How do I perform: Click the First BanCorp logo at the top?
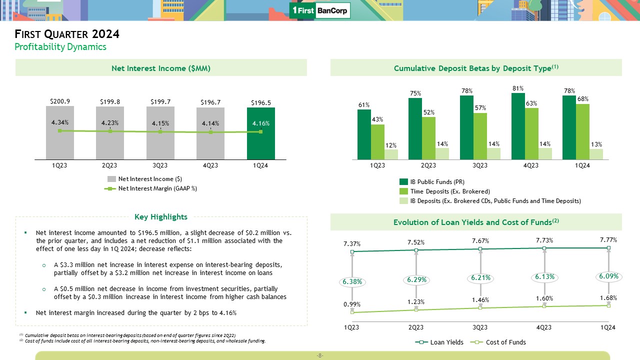[x=320, y=10]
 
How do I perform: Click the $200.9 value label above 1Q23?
[x=59, y=101]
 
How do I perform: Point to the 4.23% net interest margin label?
[x=110, y=123]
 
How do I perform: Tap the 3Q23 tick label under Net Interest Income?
[x=160, y=166]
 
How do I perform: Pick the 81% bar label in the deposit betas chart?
[x=518, y=88]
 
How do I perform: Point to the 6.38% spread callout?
[x=352, y=281]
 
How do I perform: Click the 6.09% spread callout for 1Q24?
[x=609, y=276]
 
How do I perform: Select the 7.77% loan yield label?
[x=608, y=240]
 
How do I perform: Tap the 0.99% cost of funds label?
[x=352, y=304]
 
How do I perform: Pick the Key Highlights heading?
[x=161, y=217]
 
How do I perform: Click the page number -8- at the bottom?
[x=320, y=356]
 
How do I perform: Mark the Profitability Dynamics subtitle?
[x=60, y=47]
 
